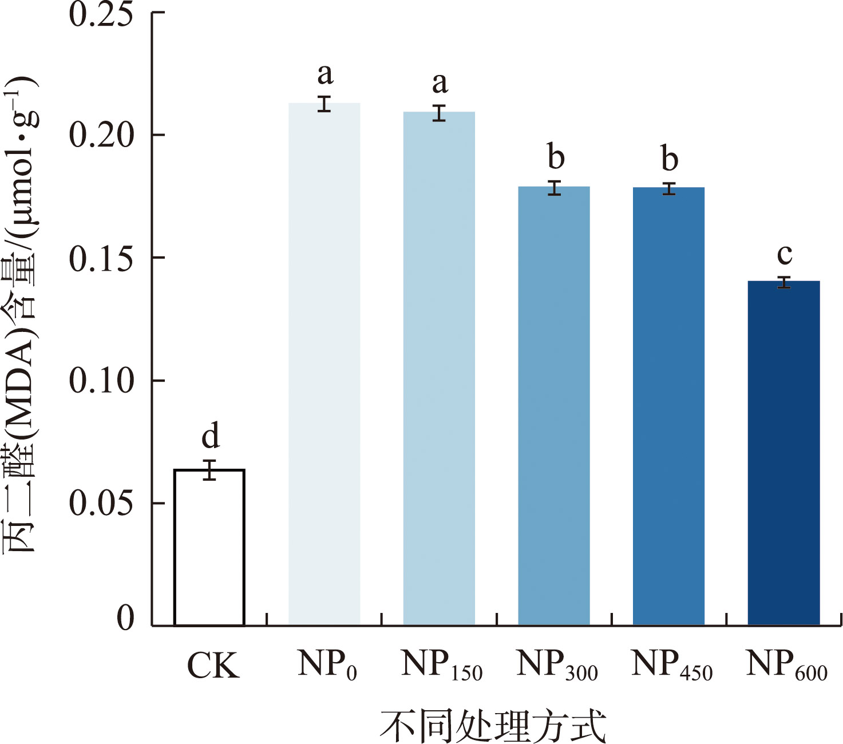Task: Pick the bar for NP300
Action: pos(554,406)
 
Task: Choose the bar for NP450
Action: pos(668,406)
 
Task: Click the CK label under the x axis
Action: pos(213,666)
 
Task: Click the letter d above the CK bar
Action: pos(211,436)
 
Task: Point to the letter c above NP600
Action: pos(785,254)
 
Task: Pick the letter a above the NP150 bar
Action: pos(440,84)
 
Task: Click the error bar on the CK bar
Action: pos(210,470)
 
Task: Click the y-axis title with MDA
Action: pos(21,315)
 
